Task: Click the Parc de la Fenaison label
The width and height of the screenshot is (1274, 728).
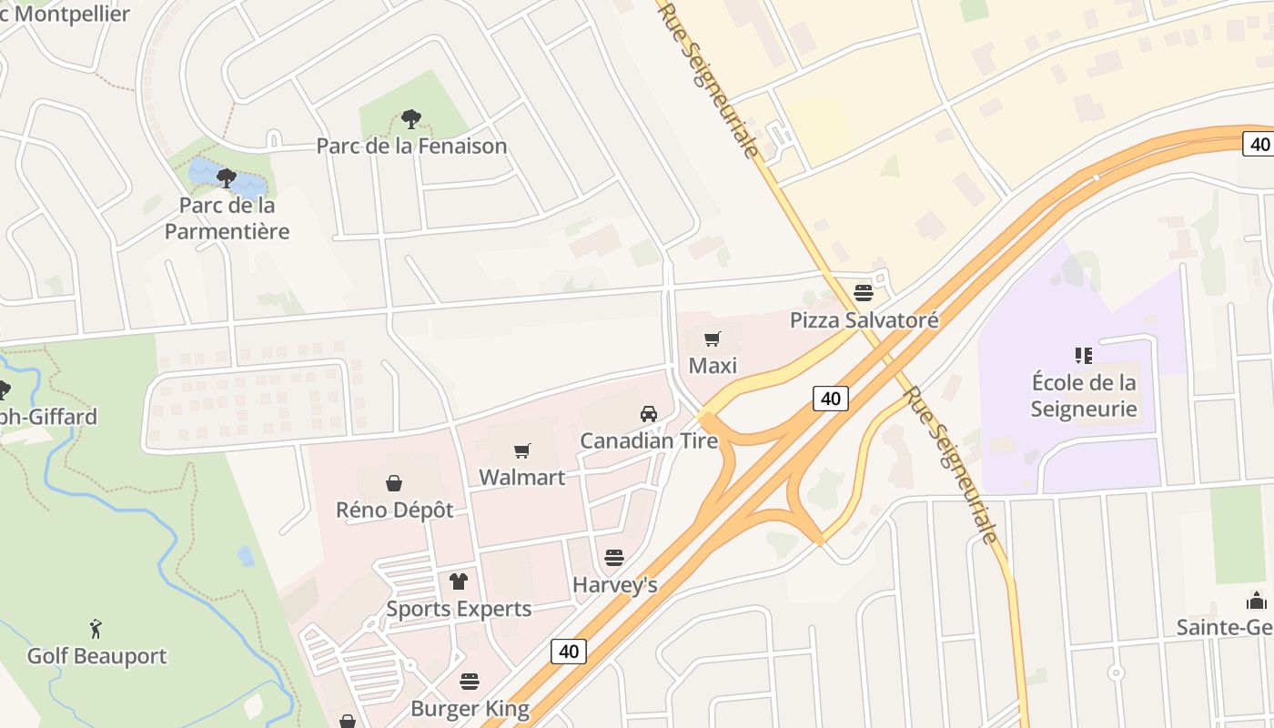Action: (x=411, y=146)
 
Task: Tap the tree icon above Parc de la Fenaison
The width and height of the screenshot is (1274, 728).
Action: (x=411, y=118)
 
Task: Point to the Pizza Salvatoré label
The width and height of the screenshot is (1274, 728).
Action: (x=864, y=320)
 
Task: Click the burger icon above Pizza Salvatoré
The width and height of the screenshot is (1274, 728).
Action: (x=864, y=293)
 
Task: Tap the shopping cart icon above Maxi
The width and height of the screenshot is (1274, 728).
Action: (x=713, y=339)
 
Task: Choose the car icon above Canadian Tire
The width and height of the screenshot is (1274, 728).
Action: (x=649, y=414)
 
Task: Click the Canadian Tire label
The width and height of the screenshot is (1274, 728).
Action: (x=649, y=441)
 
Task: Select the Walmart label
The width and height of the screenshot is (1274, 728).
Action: (x=522, y=477)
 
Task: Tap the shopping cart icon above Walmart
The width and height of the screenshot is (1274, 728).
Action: (x=522, y=450)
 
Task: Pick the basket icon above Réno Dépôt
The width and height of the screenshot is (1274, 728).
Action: (x=394, y=482)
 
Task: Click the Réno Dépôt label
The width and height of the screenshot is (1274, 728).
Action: (x=394, y=510)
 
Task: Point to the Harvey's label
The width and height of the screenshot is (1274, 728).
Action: (x=614, y=584)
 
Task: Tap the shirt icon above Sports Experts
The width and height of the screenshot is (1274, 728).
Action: (x=459, y=581)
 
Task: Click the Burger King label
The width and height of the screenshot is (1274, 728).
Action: (x=470, y=708)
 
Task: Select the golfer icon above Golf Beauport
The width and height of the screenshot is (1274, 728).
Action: (x=96, y=628)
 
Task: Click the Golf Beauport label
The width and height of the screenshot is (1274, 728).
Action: (x=96, y=655)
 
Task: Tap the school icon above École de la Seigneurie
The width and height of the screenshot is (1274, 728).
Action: (x=1083, y=355)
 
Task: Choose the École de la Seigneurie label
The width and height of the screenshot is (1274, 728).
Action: (x=1083, y=395)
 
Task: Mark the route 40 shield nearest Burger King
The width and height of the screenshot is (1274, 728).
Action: (x=569, y=651)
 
